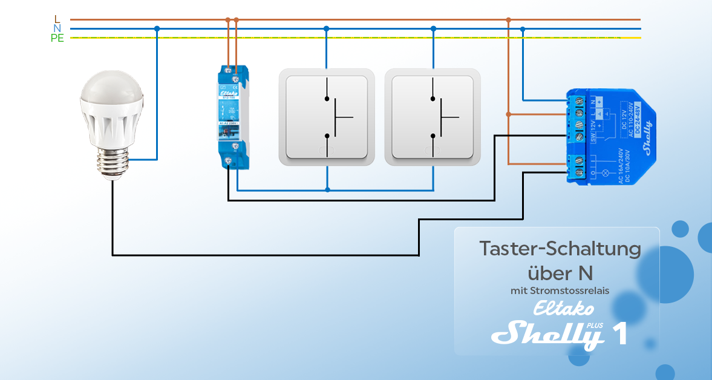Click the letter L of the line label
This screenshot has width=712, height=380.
(57, 19)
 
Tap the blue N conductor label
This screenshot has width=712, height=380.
(57, 28)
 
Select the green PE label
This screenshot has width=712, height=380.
(57, 38)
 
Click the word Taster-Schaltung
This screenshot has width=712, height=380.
(560, 249)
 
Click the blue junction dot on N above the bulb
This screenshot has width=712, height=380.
(157, 28)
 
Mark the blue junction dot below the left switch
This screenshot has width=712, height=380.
(327, 190)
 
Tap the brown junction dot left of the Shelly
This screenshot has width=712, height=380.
(509, 114)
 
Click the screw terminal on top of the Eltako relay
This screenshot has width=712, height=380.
(231, 71)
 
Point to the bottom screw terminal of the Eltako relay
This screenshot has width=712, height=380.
(229, 160)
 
